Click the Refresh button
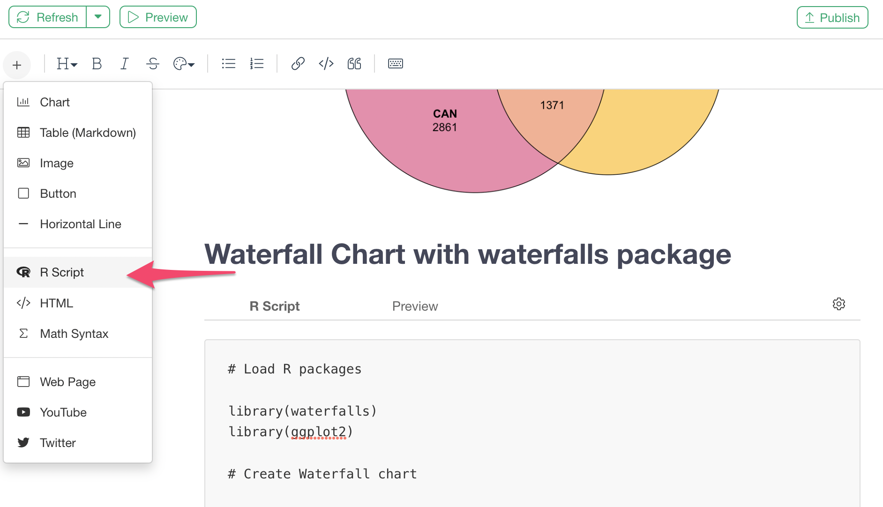point(48,17)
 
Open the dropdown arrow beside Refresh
point(98,17)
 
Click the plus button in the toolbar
point(17,65)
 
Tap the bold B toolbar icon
point(97,64)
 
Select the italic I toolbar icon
point(124,64)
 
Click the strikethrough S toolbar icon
point(153,64)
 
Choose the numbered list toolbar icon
point(257,64)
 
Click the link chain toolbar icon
point(298,64)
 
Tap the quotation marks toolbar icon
point(354,64)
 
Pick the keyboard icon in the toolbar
point(396,64)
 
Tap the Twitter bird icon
point(23,442)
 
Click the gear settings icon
point(839,304)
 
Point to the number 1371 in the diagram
point(552,105)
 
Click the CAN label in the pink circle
point(445,114)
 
